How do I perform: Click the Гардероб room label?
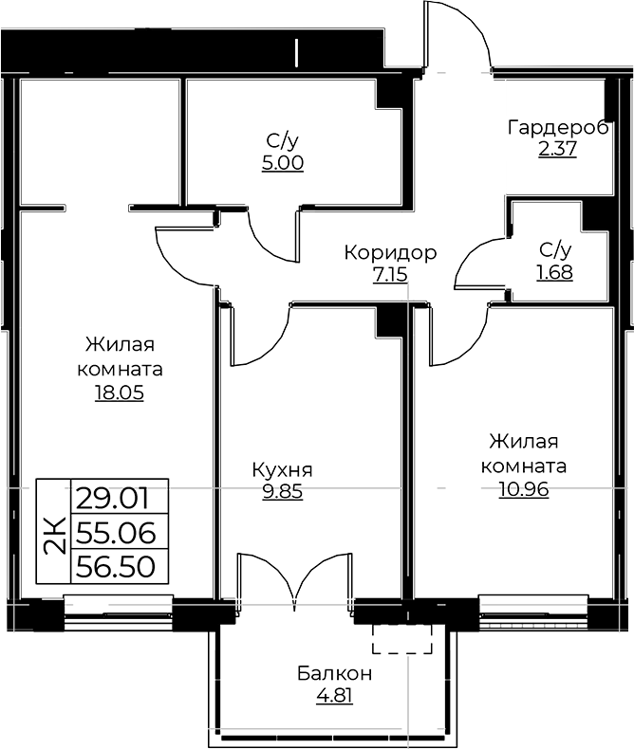[558, 128]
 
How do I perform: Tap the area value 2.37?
[557, 149]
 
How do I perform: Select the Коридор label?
[390, 253]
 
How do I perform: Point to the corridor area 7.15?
[390, 274]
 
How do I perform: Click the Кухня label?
[283, 470]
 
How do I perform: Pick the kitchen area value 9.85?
[283, 490]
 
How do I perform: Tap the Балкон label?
[334, 673]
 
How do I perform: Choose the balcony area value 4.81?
[334, 695]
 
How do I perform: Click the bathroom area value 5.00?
[283, 163]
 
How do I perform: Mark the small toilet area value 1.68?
[554, 272]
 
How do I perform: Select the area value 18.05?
[120, 393]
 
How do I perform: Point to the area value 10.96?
[524, 489]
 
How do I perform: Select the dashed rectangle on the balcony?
[402, 639]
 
